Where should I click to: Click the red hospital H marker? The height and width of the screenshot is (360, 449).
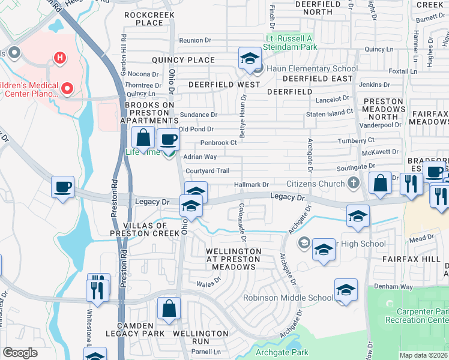pyautogui.click(x=59, y=58)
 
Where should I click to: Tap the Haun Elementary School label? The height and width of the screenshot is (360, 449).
pyautogui.click(x=312, y=68)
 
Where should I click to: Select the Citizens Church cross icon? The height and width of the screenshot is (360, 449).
pyautogui.click(x=354, y=183)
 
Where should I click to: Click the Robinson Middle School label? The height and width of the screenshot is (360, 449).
pyautogui.click(x=288, y=298)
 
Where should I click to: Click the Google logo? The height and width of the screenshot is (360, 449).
pyautogui.click(x=20, y=353)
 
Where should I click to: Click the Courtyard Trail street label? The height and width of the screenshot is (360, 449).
pyautogui.click(x=208, y=171)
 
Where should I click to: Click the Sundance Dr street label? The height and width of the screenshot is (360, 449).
pyautogui.click(x=198, y=115)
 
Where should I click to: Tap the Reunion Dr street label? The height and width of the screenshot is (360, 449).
pyautogui.click(x=196, y=40)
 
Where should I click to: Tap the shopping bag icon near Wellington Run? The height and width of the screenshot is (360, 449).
pyautogui.click(x=169, y=308)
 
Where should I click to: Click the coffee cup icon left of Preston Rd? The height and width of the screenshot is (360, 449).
pyautogui.click(x=63, y=187)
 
